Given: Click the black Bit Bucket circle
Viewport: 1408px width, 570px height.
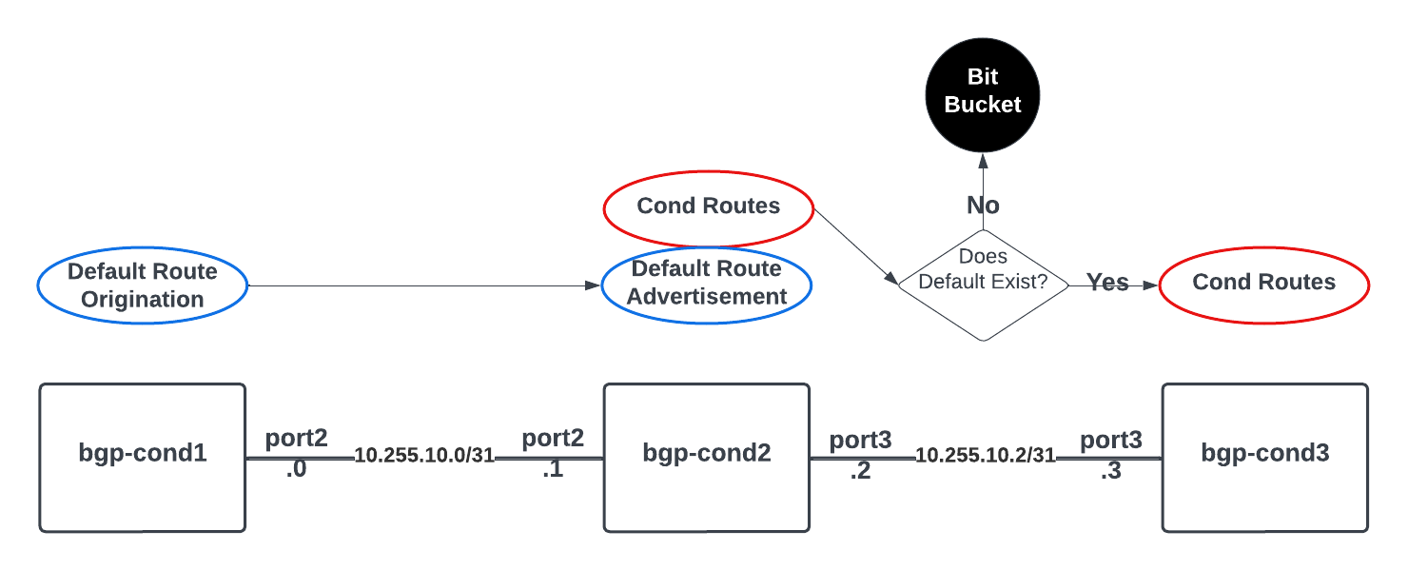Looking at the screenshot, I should tap(983, 92).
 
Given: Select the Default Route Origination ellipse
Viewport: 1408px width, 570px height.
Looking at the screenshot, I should tap(143, 285).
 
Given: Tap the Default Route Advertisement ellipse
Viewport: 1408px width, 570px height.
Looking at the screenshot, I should tap(707, 284).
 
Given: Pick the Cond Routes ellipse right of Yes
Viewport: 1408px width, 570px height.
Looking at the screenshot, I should tap(1263, 283).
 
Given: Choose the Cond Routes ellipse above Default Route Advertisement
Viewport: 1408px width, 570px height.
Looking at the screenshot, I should tap(709, 206).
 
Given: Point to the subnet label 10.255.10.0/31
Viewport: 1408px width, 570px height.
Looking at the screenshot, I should tap(424, 456).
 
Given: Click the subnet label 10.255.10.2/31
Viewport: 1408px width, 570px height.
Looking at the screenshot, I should tap(986, 456).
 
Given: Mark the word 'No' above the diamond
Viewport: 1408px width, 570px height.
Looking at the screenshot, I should tap(983, 206).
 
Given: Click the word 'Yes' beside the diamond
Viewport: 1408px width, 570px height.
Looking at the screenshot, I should tap(1107, 283).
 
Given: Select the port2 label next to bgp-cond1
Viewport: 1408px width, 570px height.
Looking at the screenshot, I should tap(296, 438).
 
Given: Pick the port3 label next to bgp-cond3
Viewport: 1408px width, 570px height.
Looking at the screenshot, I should tap(1110, 441).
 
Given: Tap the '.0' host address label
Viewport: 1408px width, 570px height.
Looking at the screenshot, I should tap(296, 469).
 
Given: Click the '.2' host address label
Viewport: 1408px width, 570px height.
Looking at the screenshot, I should tap(860, 471).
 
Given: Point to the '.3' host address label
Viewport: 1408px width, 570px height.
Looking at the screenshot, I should tap(1110, 471).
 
